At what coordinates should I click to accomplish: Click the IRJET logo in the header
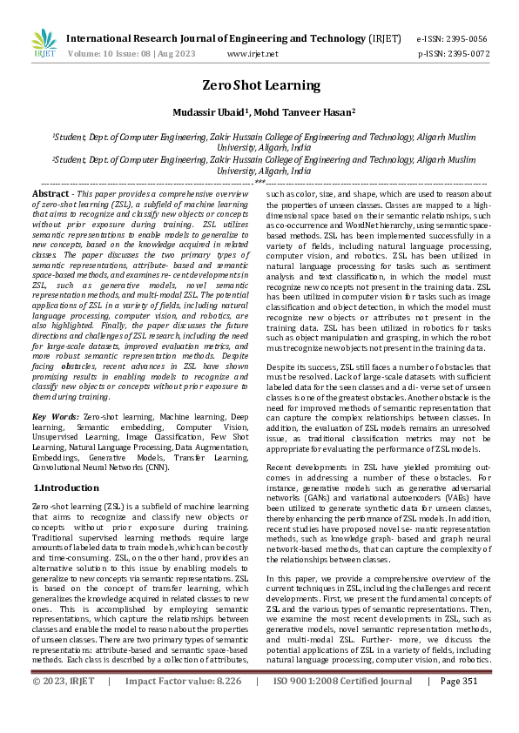[43, 44]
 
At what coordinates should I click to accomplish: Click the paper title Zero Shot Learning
[260, 85]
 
